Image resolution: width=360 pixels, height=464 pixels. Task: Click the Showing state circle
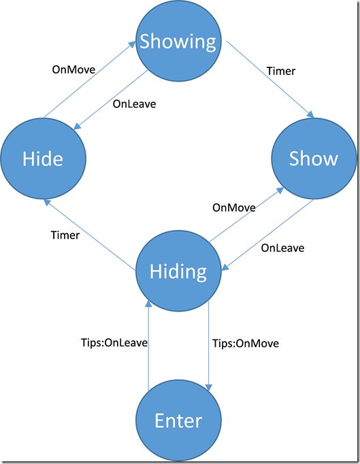point(178,41)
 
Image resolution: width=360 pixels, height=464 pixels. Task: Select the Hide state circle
point(44,159)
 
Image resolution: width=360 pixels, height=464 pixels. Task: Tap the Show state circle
point(314,159)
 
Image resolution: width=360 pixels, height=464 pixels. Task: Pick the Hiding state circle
point(178,271)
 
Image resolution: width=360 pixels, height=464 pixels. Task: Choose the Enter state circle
point(178,420)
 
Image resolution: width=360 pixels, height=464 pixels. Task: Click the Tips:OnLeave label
point(114,343)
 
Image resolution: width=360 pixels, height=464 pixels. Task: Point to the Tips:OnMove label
point(246,344)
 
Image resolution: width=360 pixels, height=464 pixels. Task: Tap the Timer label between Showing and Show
point(281,71)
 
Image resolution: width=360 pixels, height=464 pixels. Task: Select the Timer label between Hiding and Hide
point(65,235)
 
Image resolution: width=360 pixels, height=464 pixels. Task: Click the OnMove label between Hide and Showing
point(73,69)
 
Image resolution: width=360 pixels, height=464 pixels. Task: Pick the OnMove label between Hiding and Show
point(234,208)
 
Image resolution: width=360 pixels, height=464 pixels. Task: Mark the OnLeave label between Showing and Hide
point(135,104)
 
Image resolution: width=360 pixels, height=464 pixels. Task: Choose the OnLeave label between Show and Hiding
point(282,248)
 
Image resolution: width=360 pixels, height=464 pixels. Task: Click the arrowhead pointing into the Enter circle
point(209,388)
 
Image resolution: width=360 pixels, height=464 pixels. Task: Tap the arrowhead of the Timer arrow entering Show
point(310,114)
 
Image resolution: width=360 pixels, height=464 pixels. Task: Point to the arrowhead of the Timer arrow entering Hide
point(47,203)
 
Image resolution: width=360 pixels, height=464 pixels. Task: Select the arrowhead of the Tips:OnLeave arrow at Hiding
point(148,303)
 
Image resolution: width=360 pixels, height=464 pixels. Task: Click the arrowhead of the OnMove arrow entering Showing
point(131,45)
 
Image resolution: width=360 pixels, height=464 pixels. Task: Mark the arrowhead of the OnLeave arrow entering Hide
point(77,126)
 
